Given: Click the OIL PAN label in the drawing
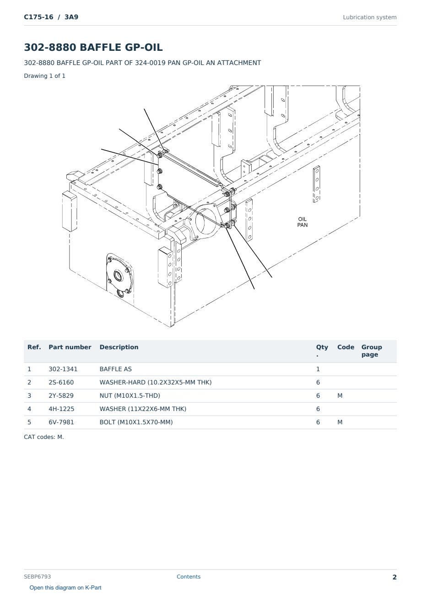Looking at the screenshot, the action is (x=302, y=222).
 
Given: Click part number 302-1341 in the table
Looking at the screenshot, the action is (x=63, y=369).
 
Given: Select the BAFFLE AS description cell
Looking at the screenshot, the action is (x=115, y=369).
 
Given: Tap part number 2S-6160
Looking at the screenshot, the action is (x=61, y=382).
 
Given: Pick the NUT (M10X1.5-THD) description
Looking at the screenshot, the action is (x=130, y=395).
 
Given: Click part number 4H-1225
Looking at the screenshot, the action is (x=61, y=409).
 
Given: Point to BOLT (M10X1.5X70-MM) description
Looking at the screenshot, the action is (x=136, y=422).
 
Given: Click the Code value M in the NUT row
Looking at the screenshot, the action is (x=340, y=395).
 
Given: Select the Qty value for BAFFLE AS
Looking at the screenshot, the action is (x=318, y=369).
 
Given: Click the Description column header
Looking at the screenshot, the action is (x=119, y=347).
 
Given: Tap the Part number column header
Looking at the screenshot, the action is (x=70, y=347).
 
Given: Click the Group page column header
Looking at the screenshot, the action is (x=372, y=351).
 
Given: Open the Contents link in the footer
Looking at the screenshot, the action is (x=189, y=577).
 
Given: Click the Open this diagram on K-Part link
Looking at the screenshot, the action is (x=65, y=588).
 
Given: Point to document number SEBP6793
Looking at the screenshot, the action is (x=37, y=577).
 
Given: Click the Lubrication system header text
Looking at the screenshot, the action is (x=370, y=17).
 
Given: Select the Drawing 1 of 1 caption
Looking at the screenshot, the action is (x=45, y=76).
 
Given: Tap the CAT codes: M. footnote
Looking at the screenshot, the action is (x=44, y=437).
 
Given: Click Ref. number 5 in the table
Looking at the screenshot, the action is (x=29, y=422).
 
